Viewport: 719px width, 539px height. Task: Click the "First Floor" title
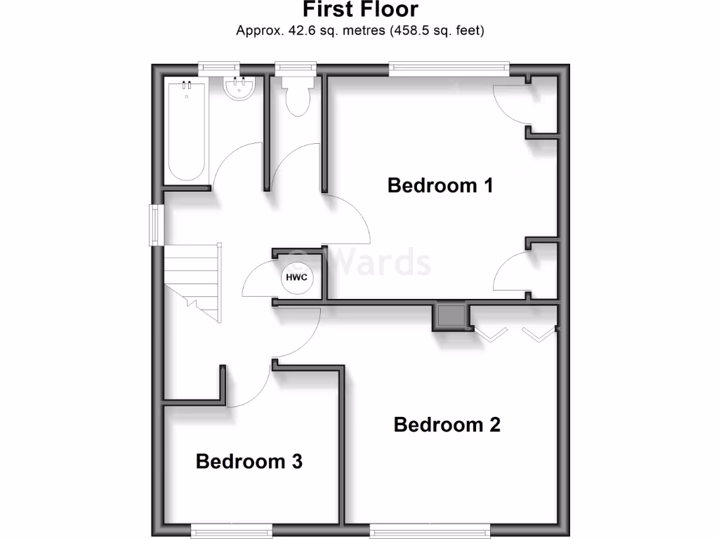point(360,10)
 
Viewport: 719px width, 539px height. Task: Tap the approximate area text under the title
point(360,30)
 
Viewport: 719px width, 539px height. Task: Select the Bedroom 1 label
point(440,185)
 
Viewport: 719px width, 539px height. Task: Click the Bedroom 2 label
point(447,425)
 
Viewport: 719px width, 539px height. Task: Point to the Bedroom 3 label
point(249,461)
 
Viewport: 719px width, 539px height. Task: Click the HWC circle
point(296,278)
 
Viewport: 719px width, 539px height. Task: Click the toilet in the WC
point(296,97)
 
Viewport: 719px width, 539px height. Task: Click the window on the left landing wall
point(156,225)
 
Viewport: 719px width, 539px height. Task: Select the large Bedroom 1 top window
point(449,67)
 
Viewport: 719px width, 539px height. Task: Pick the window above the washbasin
point(218,67)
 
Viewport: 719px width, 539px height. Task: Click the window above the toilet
point(296,67)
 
